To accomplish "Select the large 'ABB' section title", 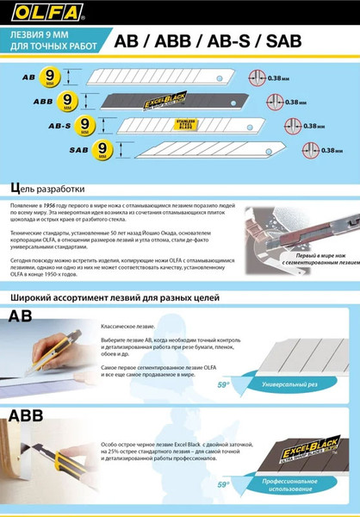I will coord(31,417).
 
